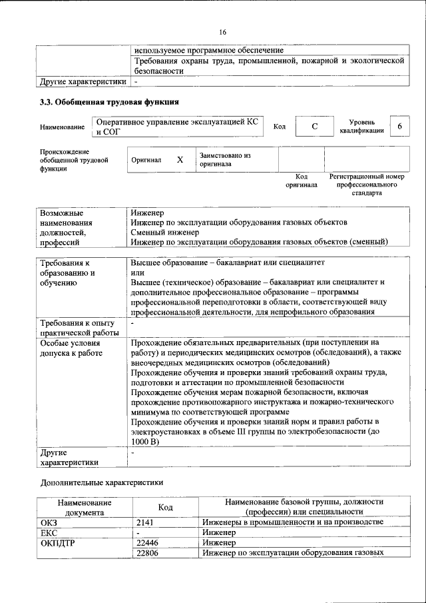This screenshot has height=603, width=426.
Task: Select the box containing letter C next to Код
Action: pyautogui.click(x=314, y=127)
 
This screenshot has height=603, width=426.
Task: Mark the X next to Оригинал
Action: pyautogui.click(x=180, y=160)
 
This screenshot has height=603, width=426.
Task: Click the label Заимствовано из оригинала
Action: pyautogui.click(x=225, y=159)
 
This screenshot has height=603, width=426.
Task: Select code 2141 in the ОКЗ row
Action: pyautogui.click(x=144, y=522)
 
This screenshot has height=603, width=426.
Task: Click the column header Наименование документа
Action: pyautogui.click(x=84, y=506)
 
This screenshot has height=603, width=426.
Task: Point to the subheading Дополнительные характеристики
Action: pyautogui.click(x=101, y=481)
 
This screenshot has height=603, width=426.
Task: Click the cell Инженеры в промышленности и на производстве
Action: pyautogui.click(x=293, y=522)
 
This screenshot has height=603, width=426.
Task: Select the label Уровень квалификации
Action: pyautogui.click(x=361, y=127)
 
